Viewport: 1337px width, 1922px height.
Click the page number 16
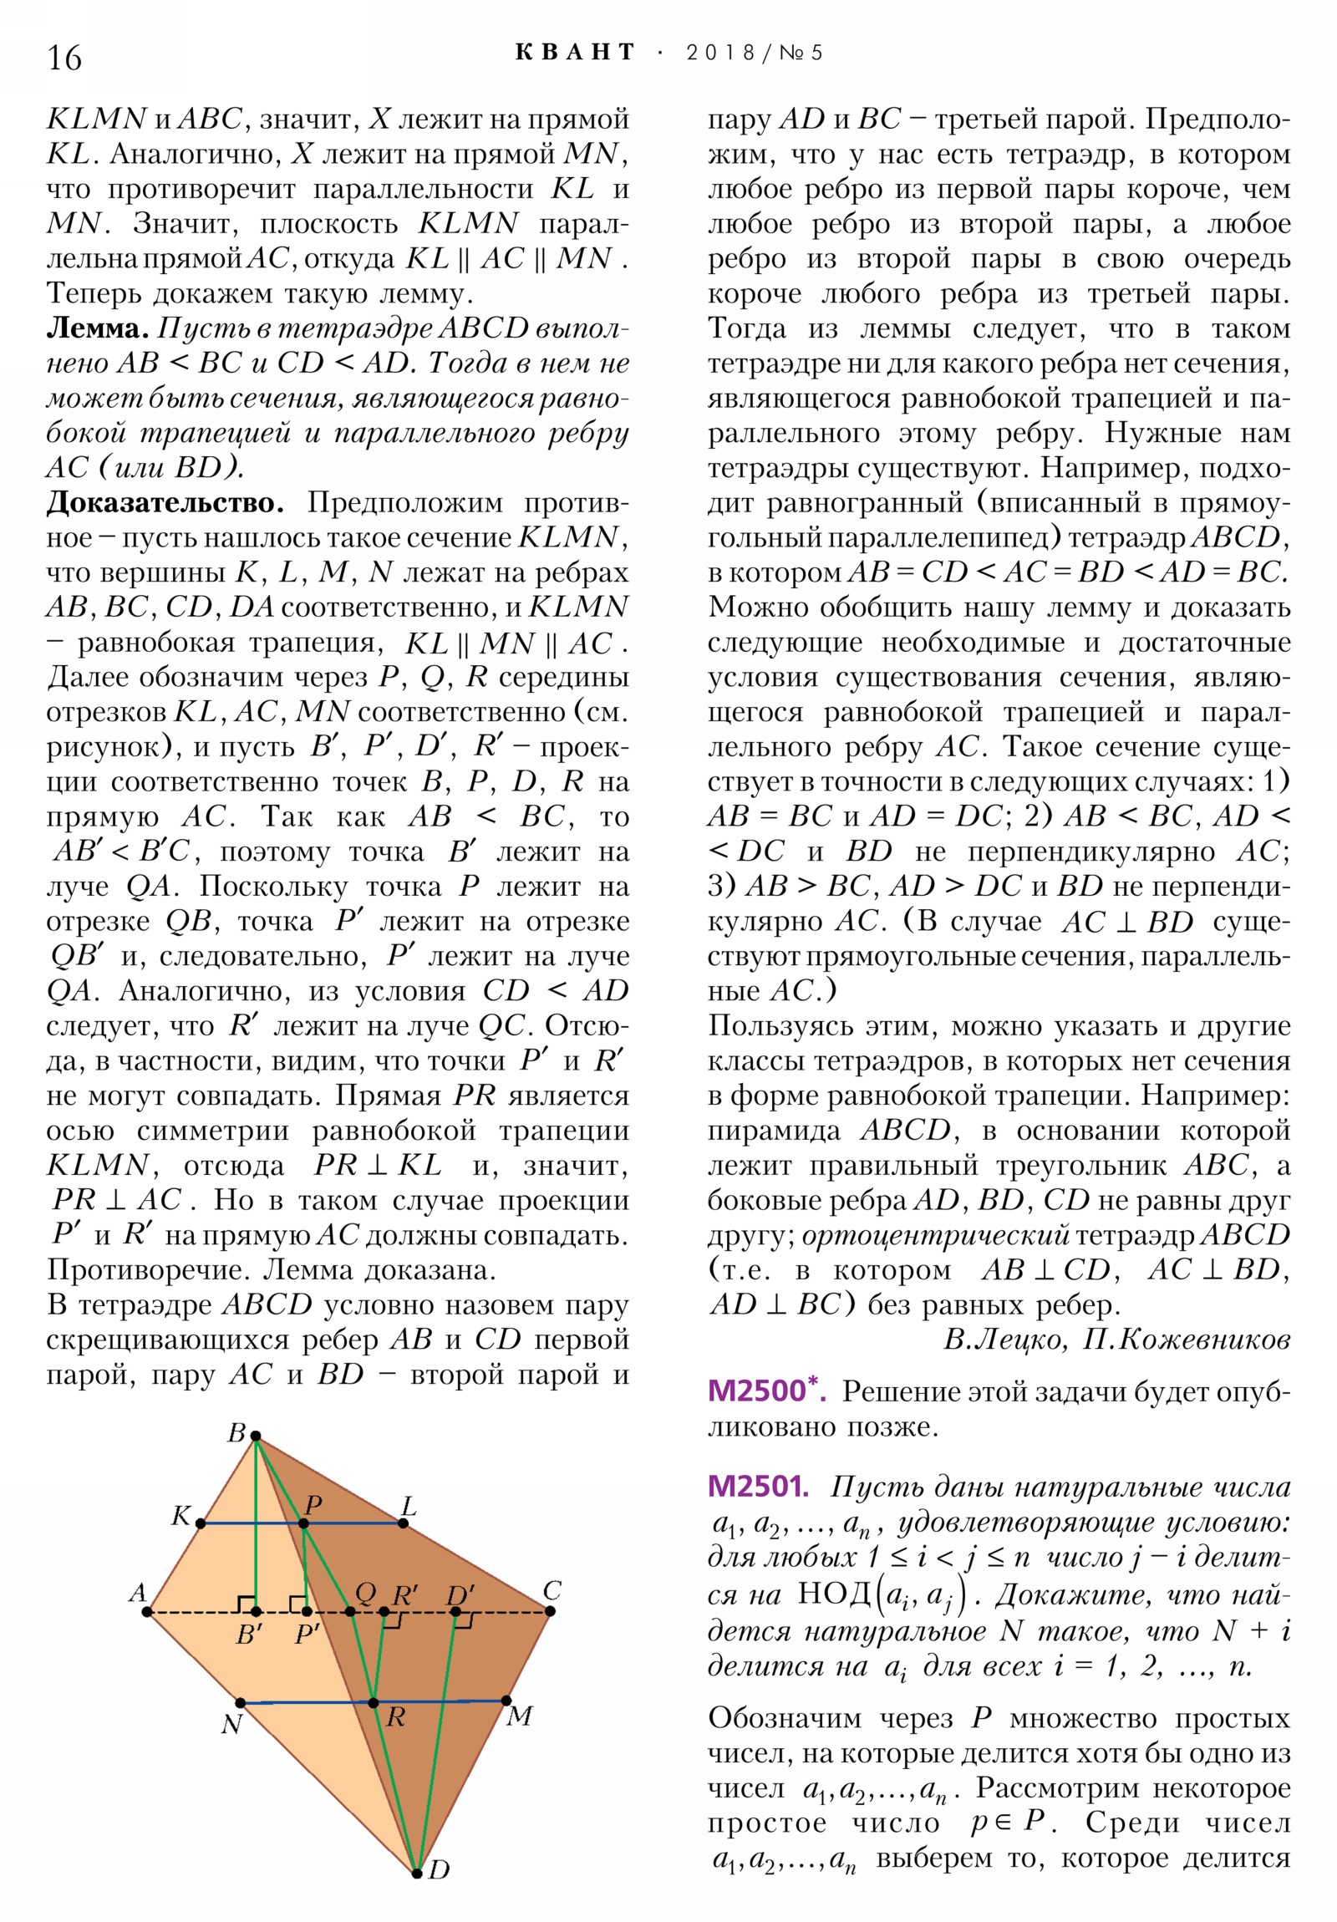(x=64, y=58)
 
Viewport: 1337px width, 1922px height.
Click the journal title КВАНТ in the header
(x=575, y=53)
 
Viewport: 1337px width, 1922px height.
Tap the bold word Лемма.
(x=97, y=328)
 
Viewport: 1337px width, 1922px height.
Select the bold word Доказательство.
(x=164, y=503)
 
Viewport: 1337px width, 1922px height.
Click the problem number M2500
(x=759, y=1391)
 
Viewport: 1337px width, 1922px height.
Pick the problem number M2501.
(x=757, y=1487)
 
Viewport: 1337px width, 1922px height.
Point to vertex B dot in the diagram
(x=257, y=1436)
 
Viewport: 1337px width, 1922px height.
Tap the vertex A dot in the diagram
(x=146, y=1610)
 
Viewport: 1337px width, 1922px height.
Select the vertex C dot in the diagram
(x=550, y=1609)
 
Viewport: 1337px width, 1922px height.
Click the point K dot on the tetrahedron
(x=201, y=1523)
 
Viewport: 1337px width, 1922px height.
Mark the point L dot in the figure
(x=404, y=1523)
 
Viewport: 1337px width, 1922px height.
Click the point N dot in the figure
(x=241, y=1702)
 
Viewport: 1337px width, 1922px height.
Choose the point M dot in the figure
(x=506, y=1701)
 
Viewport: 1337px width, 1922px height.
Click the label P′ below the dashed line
(x=308, y=1633)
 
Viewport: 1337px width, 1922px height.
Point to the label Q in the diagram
(x=365, y=1591)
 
